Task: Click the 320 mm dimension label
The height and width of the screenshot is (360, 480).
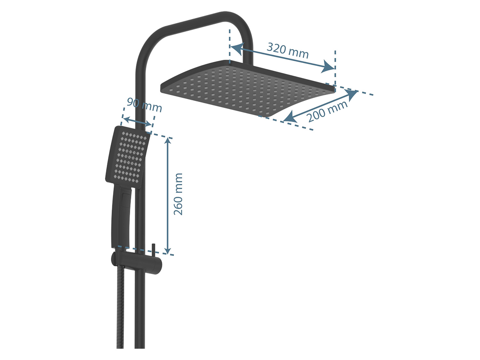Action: coord(288,51)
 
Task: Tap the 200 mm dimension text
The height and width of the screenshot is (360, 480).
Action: coord(327,111)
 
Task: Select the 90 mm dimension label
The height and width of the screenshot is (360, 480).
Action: coord(144,105)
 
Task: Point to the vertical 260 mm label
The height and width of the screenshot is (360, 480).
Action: coord(178,194)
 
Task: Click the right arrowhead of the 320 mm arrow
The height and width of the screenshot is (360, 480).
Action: coord(328,66)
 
